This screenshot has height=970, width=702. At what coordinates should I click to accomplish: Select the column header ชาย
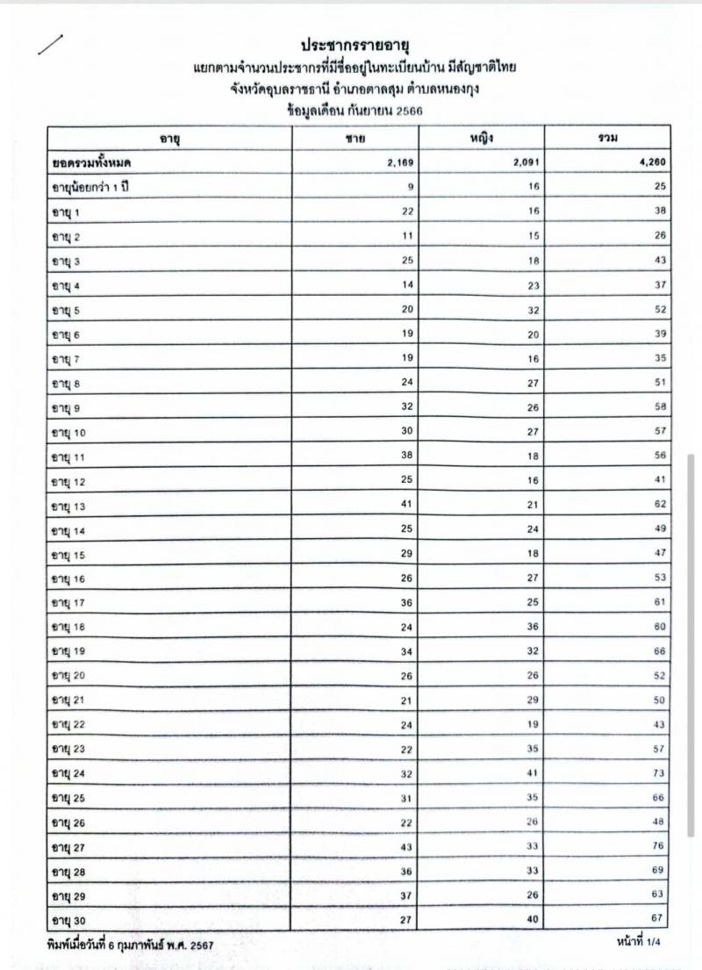355,139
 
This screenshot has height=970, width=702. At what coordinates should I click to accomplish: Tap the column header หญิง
480,138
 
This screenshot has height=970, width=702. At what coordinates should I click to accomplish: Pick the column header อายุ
168,139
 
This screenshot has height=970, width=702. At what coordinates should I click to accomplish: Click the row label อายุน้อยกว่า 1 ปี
90,187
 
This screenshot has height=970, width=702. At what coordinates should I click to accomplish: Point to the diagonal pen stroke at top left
51,44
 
